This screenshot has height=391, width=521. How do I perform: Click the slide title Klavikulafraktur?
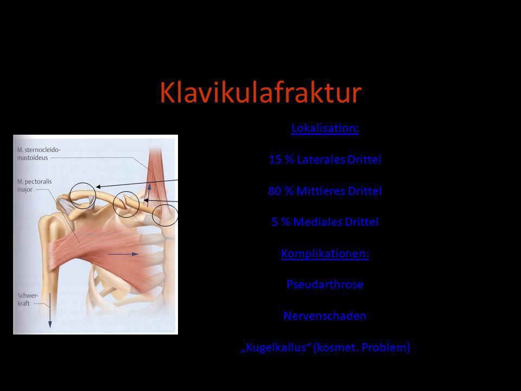pos(260,92)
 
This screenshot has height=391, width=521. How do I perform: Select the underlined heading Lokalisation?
pos(325,128)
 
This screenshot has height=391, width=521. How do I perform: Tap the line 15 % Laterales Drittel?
pos(325,160)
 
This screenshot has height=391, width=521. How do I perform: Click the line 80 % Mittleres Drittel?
pos(325,191)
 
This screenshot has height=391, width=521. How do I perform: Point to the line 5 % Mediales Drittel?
pos(325,222)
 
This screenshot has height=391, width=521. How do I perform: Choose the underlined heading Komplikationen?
pos(325,254)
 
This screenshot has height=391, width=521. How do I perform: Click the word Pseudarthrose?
pos(325,285)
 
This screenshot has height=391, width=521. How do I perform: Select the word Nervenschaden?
pos(325,316)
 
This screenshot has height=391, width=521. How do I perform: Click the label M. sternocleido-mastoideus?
pos(39,154)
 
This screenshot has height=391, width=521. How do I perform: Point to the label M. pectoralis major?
pos(34,186)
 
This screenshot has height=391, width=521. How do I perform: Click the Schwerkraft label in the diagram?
pos(28,299)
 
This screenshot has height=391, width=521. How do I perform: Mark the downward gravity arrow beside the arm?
pos(50,311)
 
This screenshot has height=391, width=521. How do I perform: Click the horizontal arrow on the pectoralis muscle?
pos(123,254)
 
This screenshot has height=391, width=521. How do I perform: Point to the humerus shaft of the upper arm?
pos(50,266)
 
